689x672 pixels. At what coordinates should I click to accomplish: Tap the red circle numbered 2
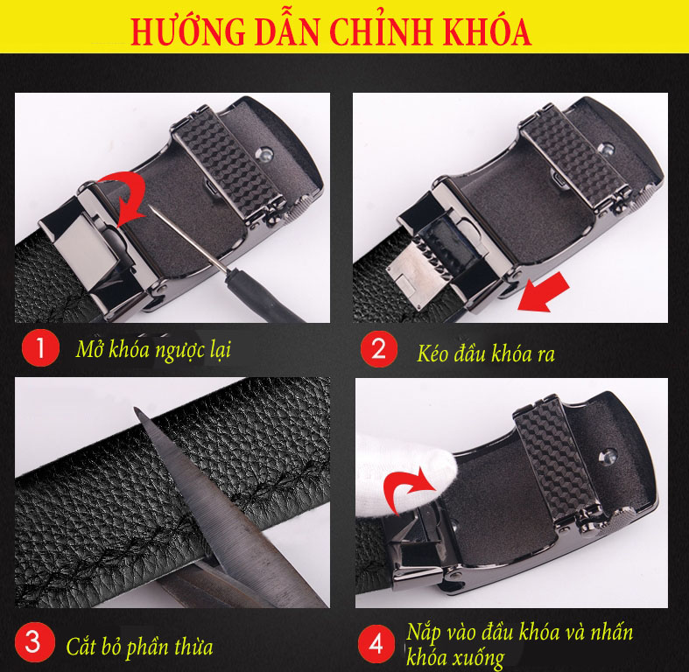pos(377,350)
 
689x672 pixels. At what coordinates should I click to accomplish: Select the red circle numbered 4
pos(376,645)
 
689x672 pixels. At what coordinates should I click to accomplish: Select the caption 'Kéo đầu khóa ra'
pos(486,353)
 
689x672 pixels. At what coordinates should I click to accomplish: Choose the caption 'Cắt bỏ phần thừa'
pos(139,647)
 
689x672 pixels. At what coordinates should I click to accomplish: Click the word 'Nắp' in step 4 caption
pos(425,632)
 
